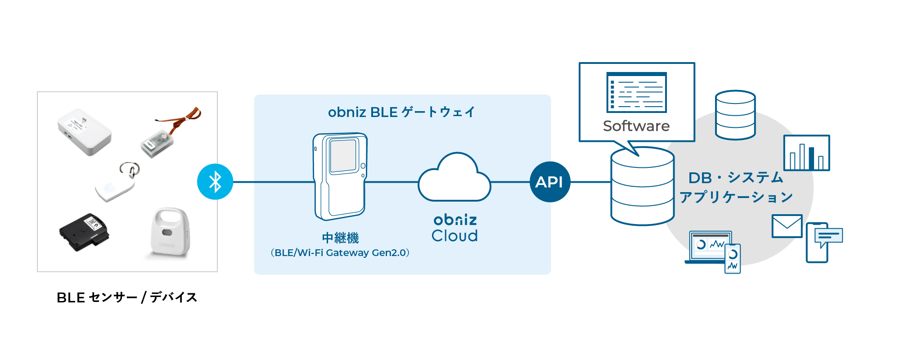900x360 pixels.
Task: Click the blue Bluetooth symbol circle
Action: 215,182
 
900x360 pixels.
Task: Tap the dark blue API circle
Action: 550,182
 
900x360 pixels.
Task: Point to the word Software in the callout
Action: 636,126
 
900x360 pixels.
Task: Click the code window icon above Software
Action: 636,92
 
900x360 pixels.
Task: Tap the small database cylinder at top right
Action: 735,115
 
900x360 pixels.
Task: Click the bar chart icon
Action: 806,153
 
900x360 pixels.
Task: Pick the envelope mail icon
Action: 787,226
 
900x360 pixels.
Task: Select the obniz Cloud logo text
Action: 454,228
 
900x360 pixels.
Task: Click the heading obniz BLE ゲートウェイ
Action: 401,112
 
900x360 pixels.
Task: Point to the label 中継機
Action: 341,238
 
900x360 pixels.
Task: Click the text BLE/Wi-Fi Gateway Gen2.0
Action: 340,253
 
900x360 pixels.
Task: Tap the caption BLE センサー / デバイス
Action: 127,297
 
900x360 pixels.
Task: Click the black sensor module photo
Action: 85,231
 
